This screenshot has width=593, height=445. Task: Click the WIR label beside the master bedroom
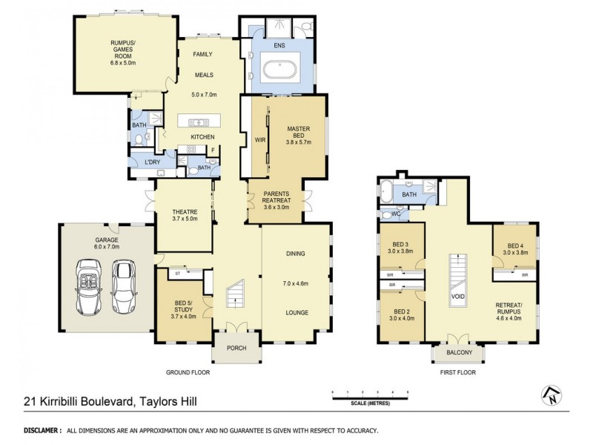(259, 139)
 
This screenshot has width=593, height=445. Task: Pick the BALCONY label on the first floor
(458, 353)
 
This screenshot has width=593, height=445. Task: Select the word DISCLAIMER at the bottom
(42, 430)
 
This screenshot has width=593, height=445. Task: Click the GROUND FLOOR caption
(185, 373)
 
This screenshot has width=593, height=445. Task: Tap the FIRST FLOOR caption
(457, 373)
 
